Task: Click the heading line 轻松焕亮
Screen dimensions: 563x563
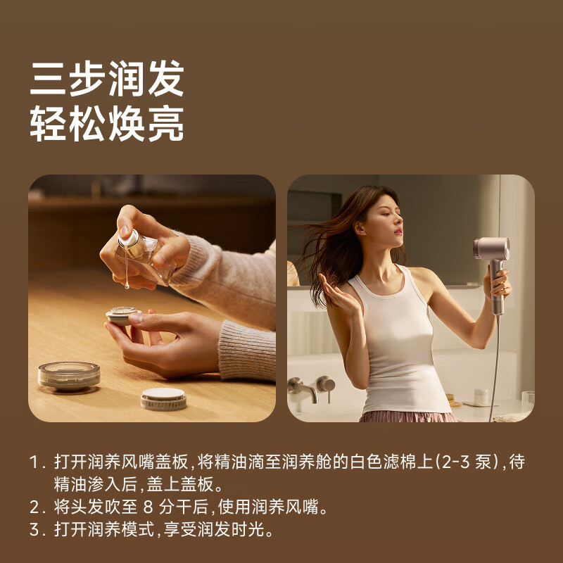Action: pos(106,125)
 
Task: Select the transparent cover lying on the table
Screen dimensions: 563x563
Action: pos(69,375)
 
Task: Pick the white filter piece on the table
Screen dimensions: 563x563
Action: pos(163,398)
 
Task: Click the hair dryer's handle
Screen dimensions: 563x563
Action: pos(496,289)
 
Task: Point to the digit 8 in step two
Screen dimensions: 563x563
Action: pos(148,507)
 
